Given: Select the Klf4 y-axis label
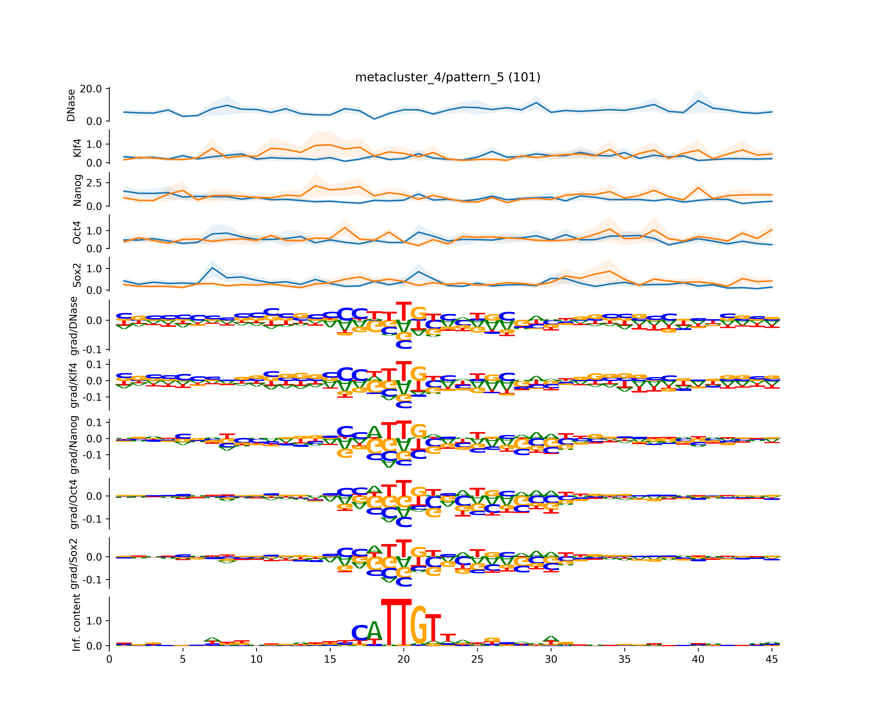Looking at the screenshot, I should (x=77, y=148).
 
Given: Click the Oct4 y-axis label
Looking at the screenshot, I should (x=77, y=232).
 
